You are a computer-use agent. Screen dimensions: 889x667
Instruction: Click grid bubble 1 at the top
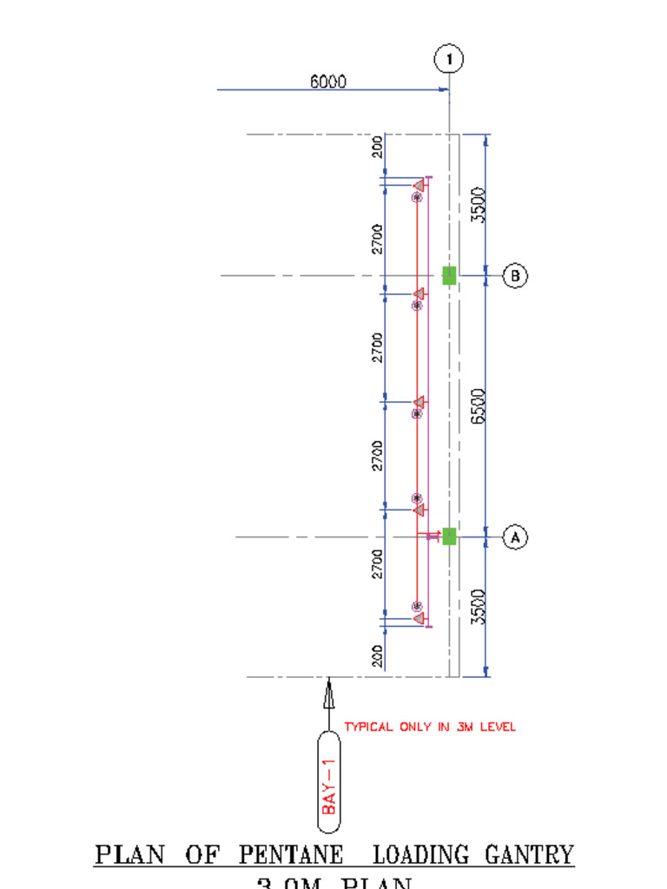[448, 60]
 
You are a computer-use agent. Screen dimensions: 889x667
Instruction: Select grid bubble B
[516, 276]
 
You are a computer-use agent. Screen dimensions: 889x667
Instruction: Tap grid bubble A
[516, 537]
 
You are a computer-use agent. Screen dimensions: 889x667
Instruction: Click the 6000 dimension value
[328, 82]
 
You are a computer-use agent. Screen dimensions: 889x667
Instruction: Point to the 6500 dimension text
[478, 405]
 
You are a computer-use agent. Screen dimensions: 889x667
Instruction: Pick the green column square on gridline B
[449, 275]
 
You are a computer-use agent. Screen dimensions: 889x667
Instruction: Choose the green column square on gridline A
[449, 537]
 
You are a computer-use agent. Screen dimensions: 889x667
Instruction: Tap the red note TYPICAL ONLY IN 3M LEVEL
[430, 727]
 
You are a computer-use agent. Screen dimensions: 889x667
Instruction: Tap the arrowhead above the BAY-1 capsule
[328, 695]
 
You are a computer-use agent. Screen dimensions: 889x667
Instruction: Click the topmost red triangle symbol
[419, 185]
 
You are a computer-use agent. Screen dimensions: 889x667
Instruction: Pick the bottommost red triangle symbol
[419, 618]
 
